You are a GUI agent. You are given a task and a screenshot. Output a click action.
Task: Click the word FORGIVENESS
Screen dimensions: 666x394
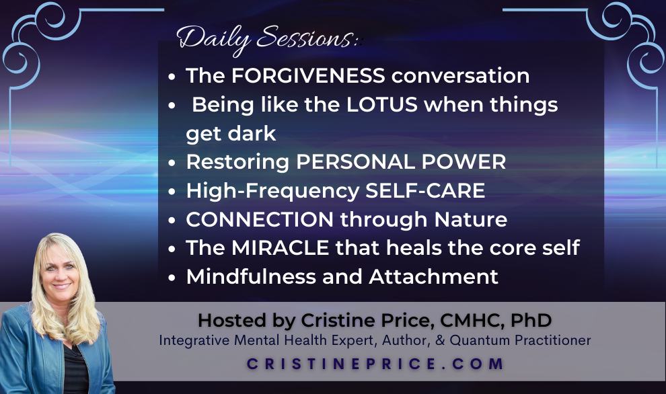click(308, 75)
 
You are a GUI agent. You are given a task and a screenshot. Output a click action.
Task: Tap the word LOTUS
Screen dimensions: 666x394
click(382, 104)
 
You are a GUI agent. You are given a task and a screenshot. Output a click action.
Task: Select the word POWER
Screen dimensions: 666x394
click(464, 162)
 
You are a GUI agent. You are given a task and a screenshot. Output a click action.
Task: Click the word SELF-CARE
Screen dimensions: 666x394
click(424, 191)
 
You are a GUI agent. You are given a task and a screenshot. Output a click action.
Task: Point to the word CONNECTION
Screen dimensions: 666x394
click(260, 219)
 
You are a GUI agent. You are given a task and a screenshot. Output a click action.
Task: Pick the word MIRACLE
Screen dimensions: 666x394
click(281, 248)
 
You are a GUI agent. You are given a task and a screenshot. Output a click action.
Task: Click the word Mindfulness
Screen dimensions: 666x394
click(251, 277)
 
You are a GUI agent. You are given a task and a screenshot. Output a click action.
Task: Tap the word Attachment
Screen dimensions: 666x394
click(433, 277)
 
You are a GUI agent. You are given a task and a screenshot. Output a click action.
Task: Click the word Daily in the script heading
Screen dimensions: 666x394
click(213, 39)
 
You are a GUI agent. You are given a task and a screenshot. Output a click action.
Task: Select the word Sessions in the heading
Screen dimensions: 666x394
click(305, 38)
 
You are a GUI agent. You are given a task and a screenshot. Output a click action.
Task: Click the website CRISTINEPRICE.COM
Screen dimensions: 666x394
click(375, 364)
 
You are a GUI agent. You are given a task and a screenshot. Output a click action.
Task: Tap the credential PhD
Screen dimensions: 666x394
click(531, 321)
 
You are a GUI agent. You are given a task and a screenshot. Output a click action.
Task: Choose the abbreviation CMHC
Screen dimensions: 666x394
click(472, 321)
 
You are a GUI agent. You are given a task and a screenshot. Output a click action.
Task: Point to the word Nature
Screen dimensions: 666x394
click(471, 219)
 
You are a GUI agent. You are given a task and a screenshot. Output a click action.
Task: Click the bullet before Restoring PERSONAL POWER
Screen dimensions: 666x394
click(172, 163)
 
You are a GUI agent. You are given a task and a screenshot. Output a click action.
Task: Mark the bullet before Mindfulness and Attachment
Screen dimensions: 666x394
click(172, 278)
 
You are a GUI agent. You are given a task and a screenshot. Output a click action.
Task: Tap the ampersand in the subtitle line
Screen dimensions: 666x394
click(439, 340)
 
